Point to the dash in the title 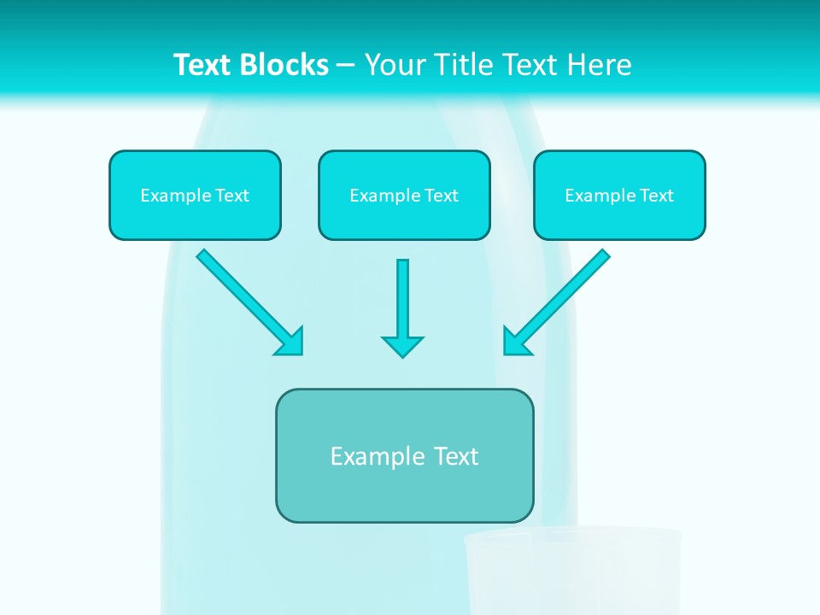[x=346, y=66]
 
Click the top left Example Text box [x=195, y=195]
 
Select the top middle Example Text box [x=404, y=195]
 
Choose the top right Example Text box [x=619, y=195]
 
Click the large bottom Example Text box [x=404, y=455]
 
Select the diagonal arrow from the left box [x=243, y=296]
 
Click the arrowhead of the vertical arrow [x=402, y=346]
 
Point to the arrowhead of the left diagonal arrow [x=290, y=342]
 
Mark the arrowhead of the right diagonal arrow [x=515, y=342]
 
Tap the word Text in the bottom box [x=456, y=456]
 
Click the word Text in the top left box [x=232, y=196]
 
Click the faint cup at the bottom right [x=572, y=572]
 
